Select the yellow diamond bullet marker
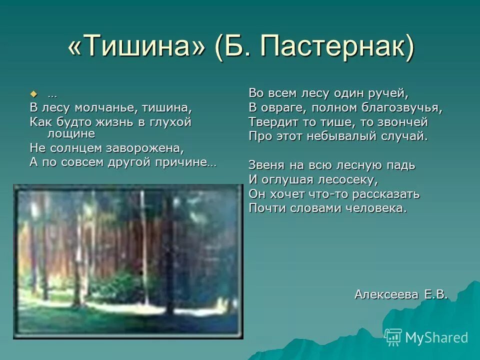click(34, 94)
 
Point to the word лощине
click(70, 133)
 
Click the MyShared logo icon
click(393, 337)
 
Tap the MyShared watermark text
click(436, 338)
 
